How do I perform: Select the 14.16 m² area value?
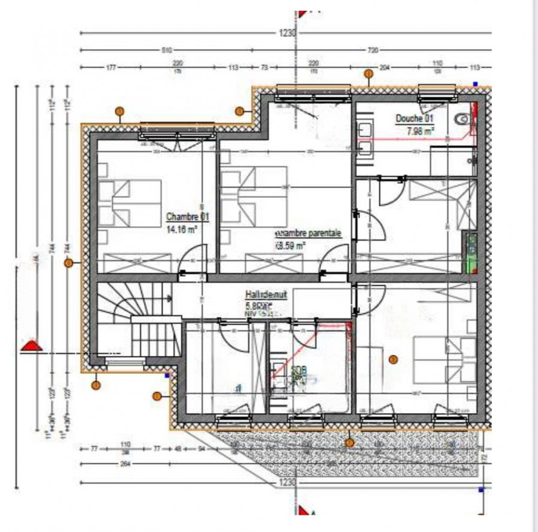pyautogui.click(x=182, y=227)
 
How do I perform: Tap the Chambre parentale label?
pyautogui.click(x=308, y=233)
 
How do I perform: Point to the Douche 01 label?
pyautogui.click(x=414, y=118)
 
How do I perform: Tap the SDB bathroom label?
pyautogui.click(x=298, y=371)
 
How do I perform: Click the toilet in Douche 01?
pyautogui.click(x=463, y=119)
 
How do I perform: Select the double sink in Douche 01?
pyautogui.click(x=365, y=139)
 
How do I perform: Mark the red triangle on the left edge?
pyautogui.click(x=30, y=345)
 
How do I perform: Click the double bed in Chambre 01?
pyautogui.click(x=130, y=203)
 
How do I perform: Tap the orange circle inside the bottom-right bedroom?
pyautogui.click(x=393, y=359)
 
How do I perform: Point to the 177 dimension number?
pyautogui.click(x=111, y=67)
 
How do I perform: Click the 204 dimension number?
pyautogui.click(x=384, y=67)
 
